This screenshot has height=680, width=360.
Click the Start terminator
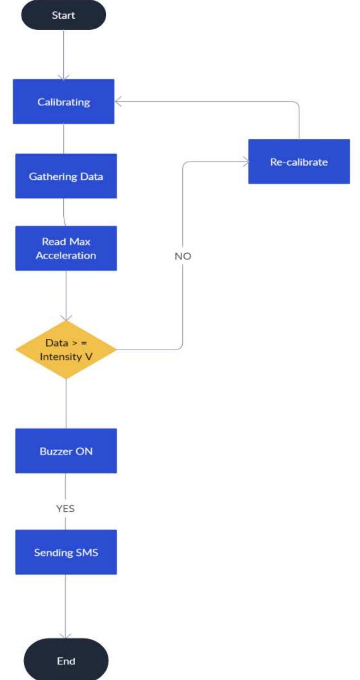[63, 15]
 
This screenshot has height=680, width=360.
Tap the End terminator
[66, 661]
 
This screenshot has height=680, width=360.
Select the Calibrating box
[64, 102]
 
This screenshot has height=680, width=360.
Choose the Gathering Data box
[66, 176]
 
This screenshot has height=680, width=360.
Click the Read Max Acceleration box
[66, 248]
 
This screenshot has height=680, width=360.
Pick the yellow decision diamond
[66, 350]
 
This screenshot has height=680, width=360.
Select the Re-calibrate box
[299, 162]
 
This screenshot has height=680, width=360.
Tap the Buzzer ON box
[66, 451]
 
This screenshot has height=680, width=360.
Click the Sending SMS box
[66, 552]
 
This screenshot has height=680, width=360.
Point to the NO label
[183, 256]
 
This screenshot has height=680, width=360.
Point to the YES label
[65, 509]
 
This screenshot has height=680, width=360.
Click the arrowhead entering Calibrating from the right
[118, 102]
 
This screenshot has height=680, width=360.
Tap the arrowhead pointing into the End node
[65, 636]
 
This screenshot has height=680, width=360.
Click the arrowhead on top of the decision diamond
[66, 318]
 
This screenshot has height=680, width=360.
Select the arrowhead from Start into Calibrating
[64, 77]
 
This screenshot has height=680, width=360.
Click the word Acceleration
[66, 255]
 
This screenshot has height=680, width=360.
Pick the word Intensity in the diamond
[60, 357]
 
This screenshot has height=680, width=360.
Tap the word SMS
[87, 552]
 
